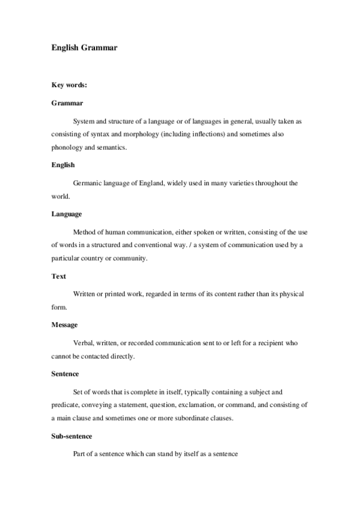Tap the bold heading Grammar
[x=67, y=103]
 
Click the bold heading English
[x=63, y=164]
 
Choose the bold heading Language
[x=67, y=214]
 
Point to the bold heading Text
[x=58, y=276]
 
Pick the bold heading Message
[x=64, y=325]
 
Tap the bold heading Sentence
[x=65, y=373]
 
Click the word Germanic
[x=87, y=183]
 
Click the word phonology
[x=67, y=147]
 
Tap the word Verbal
[x=84, y=343]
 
